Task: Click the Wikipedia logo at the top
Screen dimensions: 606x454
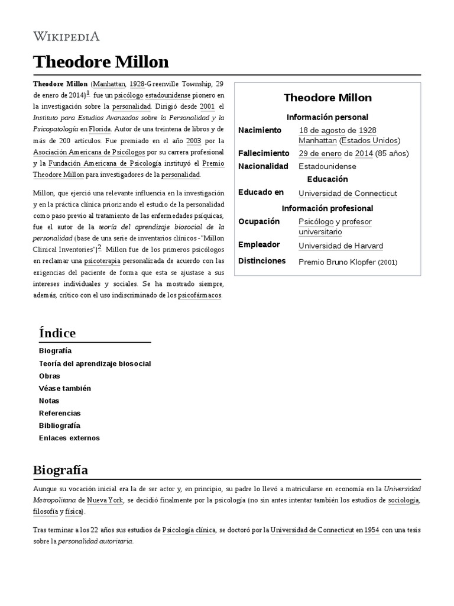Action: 66,36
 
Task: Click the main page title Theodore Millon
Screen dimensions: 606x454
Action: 101,62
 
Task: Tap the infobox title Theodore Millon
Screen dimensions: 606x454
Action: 327,98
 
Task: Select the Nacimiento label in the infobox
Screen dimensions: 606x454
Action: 260,130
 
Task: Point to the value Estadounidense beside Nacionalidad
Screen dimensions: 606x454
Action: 327,166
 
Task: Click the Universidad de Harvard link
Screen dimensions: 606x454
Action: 340,246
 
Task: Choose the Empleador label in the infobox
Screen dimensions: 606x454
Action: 258,244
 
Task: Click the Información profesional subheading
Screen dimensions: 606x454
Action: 327,208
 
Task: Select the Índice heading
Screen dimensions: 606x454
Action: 57,333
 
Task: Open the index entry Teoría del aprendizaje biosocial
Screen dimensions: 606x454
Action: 95,363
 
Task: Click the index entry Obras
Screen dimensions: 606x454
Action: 50,376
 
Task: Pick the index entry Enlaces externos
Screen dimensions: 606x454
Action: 69,438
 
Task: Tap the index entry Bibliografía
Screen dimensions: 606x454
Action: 60,426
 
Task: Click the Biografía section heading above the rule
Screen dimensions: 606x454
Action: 61,470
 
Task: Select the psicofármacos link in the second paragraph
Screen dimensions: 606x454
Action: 200,295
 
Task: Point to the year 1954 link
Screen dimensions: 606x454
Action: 372,530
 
